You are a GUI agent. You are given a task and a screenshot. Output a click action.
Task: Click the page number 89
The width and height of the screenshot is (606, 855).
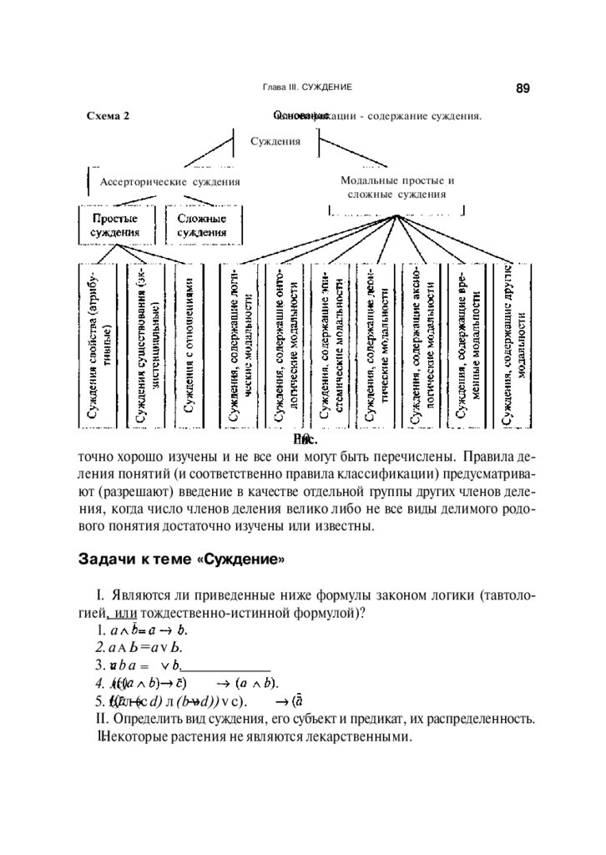point(523,88)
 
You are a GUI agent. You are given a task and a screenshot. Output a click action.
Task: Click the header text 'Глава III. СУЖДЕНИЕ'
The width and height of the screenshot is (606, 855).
point(306,88)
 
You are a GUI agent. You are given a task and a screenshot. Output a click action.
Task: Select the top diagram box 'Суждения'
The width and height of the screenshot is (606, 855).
point(275,141)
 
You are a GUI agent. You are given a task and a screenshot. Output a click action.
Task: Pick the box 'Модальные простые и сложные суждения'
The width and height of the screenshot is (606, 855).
point(396,187)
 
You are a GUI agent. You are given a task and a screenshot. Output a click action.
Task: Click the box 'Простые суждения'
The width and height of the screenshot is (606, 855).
point(114,225)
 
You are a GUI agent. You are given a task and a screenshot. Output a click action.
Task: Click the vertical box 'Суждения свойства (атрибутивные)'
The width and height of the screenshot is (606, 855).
point(99,346)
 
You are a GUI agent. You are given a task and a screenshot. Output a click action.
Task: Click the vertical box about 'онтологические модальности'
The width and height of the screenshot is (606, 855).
point(286,346)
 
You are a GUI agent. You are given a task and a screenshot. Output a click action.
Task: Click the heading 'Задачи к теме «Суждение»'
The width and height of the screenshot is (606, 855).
point(181,558)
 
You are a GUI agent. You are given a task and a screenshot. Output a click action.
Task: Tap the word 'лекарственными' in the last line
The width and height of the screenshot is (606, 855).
point(360,738)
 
